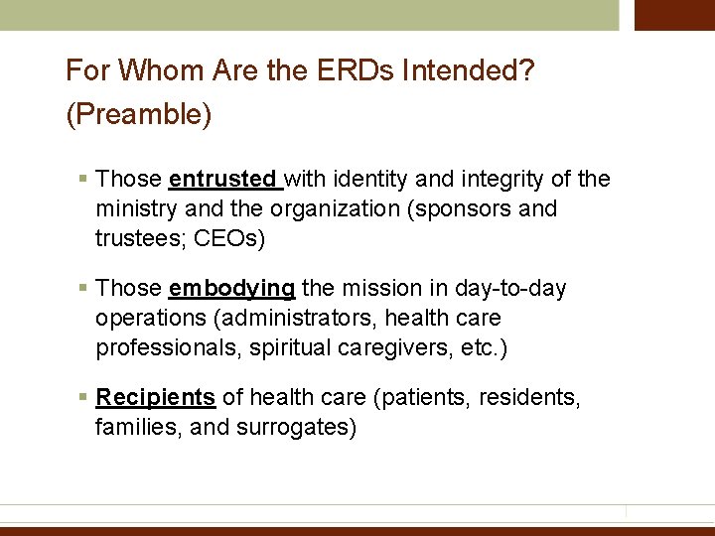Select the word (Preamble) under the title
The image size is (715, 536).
pyautogui.click(x=139, y=115)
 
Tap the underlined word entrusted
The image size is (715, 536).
pyautogui.click(x=223, y=179)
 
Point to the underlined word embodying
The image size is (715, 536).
pyautogui.click(x=231, y=288)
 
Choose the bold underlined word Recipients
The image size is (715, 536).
pyautogui.click(x=155, y=397)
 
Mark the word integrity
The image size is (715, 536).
pyautogui.click(x=485, y=179)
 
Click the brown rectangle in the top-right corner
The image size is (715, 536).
pyautogui.click(x=674, y=15)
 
